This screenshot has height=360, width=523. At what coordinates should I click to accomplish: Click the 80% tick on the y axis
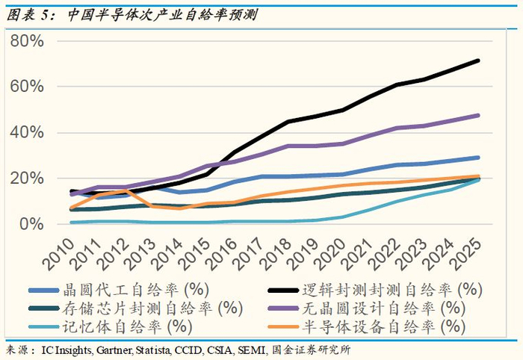pyautogui.click(x=27, y=40)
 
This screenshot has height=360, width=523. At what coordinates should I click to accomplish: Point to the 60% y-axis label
pyautogui.click(x=27, y=87)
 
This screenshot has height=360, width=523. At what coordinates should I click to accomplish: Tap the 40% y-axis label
pyautogui.click(x=27, y=133)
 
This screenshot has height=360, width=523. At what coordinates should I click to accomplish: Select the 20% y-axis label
pyautogui.click(x=27, y=179)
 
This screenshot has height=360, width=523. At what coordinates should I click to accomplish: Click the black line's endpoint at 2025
pyautogui.click(x=478, y=60)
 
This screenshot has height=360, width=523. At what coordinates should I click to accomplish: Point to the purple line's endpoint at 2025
pyautogui.click(x=478, y=115)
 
